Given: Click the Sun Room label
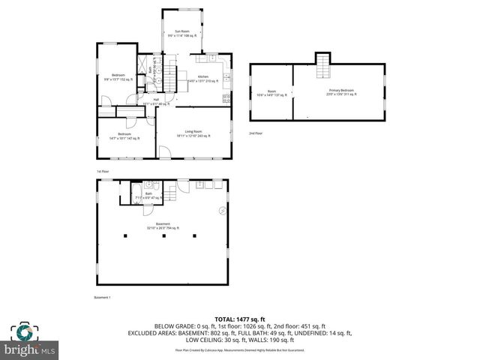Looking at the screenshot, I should (181, 33).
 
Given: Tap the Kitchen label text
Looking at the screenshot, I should (203, 79).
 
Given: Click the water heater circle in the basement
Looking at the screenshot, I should (221, 210).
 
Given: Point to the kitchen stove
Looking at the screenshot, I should (226, 97).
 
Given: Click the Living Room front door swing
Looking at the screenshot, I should (163, 153).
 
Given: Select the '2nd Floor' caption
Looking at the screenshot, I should (256, 133).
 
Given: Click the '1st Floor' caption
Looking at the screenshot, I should (103, 172).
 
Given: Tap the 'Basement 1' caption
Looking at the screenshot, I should (102, 298).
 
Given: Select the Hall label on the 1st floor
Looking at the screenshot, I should (156, 101).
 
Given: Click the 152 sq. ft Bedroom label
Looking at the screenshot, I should (118, 76).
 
